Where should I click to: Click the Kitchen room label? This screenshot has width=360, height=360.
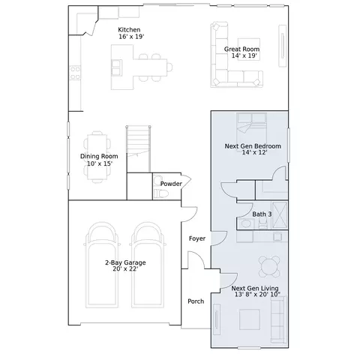click(x=129, y=29)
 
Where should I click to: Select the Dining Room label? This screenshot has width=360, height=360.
click(x=99, y=157)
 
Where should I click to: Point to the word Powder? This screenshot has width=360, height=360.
click(x=171, y=184)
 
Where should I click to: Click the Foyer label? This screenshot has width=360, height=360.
click(x=197, y=238)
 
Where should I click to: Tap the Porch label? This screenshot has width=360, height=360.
click(x=196, y=301)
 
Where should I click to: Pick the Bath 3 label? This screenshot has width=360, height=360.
click(x=262, y=214)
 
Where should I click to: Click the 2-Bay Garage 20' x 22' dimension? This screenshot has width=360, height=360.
click(x=125, y=269)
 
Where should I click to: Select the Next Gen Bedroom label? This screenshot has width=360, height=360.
click(x=253, y=146)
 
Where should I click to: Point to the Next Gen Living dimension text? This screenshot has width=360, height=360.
click(x=257, y=295)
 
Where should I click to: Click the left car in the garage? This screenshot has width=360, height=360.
click(x=102, y=265)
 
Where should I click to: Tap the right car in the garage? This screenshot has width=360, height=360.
click(x=148, y=265)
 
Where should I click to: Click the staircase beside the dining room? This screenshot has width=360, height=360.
click(x=139, y=149)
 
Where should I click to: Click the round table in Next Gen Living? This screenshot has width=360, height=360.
click(x=269, y=266)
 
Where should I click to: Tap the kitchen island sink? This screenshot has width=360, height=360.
click(x=117, y=67)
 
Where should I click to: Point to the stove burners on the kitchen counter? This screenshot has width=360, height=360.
click(x=75, y=73)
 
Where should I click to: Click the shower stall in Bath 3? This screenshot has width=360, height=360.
click(x=280, y=214)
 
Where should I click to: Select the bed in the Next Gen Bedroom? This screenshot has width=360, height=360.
click(x=251, y=128)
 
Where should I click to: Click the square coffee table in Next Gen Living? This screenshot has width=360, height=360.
click(x=250, y=319)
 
